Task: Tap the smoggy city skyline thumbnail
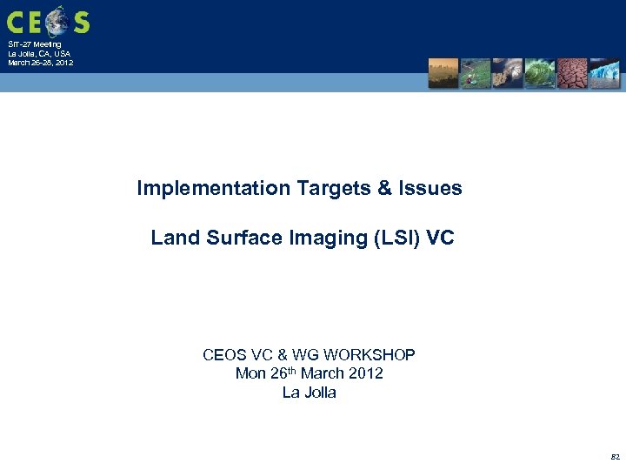click(x=443, y=73)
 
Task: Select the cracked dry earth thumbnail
click(x=572, y=73)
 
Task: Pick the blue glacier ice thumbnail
click(x=604, y=73)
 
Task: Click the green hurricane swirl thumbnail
click(x=540, y=73)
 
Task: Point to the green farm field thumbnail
click(x=476, y=73)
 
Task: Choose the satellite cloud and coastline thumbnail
click(x=508, y=73)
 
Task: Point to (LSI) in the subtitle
click(x=396, y=238)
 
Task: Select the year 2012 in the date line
click(x=365, y=374)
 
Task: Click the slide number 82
click(x=615, y=456)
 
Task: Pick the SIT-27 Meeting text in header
click(x=35, y=44)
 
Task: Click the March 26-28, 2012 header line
click(x=41, y=63)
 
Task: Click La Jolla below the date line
click(x=310, y=393)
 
